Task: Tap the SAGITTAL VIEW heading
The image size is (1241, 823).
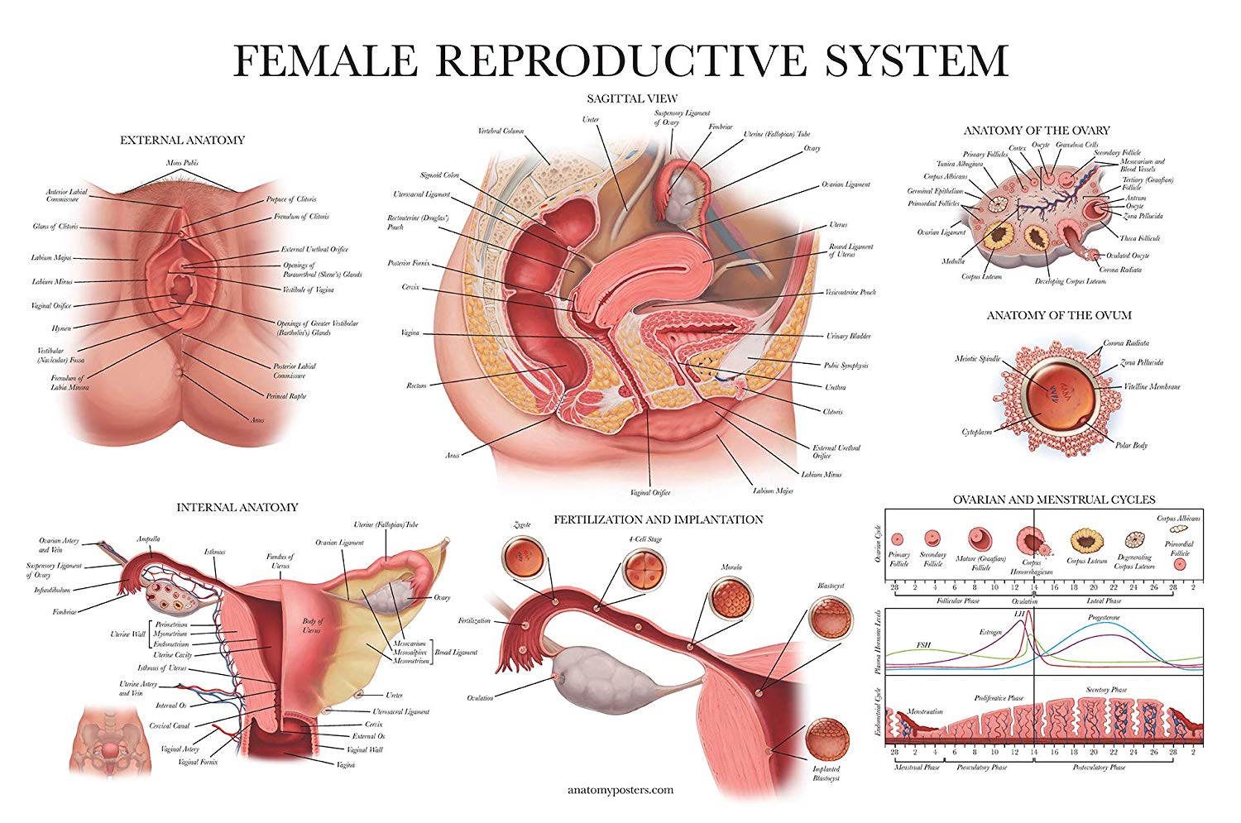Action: coord(632,98)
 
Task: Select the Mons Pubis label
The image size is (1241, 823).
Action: coord(182,163)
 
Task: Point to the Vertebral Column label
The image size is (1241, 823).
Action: coord(501,131)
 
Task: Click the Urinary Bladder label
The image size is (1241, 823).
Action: coord(848,337)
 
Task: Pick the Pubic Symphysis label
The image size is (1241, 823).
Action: coord(846,365)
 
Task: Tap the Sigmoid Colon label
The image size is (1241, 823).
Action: coord(439,175)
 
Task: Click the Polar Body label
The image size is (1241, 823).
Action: coord(1131,445)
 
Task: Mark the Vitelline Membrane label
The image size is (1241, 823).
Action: coord(1152,386)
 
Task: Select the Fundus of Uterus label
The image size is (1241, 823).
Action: coord(280,562)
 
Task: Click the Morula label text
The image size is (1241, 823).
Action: coord(731,567)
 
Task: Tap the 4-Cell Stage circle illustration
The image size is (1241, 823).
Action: coord(644,567)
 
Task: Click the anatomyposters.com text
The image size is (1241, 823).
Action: coord(620,790)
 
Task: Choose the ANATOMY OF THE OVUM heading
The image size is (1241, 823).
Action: coord(1059,315)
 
